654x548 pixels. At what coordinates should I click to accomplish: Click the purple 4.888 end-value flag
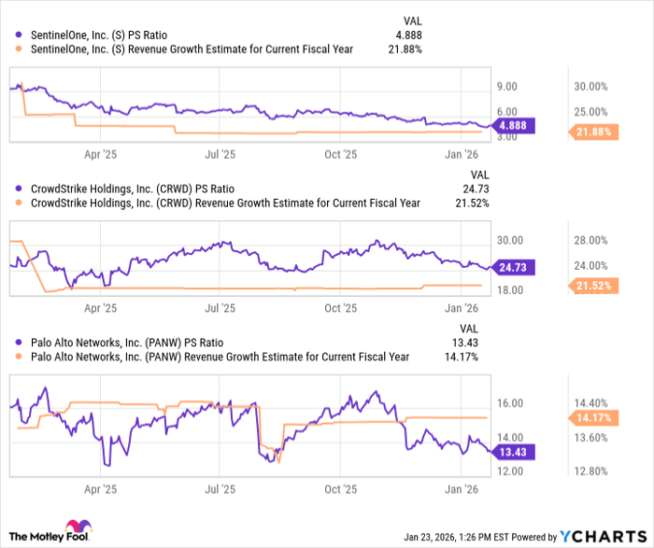[x=516, y=126]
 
